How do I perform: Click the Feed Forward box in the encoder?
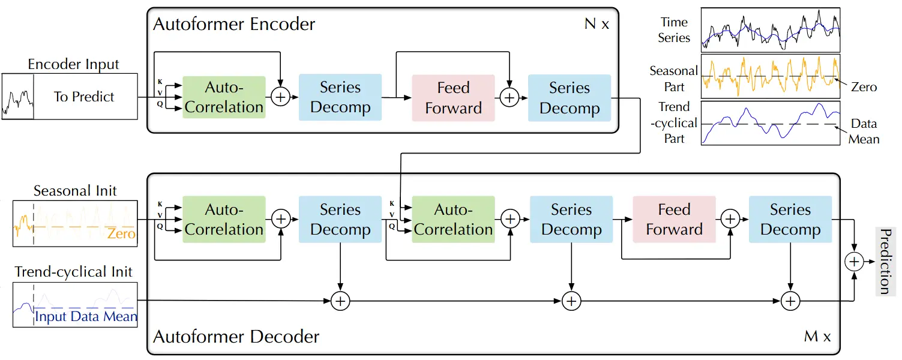(454, 98)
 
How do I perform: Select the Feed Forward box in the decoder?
(674, 220)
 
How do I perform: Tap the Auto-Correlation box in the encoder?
(224, 97)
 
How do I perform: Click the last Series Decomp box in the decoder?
(790, 220)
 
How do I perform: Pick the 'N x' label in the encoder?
(597, 24)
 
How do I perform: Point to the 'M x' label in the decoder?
(817, 336)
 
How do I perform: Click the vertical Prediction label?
(885, 262)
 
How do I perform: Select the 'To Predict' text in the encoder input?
(84, 97)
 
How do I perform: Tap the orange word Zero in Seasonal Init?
(121, 233)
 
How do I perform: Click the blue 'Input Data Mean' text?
(86, 317)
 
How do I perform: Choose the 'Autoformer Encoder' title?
(234, 24)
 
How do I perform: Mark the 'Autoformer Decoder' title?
(236, 337)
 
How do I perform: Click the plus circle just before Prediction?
(854, 262)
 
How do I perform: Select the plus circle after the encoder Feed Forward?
(510, 98)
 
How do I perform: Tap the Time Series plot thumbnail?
(771, 30)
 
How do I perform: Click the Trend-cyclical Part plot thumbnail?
(771, 123)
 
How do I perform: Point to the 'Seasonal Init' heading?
(75, 190)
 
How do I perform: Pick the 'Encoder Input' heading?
(73, 64)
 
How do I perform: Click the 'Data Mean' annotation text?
(864, 131)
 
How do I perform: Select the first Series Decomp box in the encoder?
(340, 97)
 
